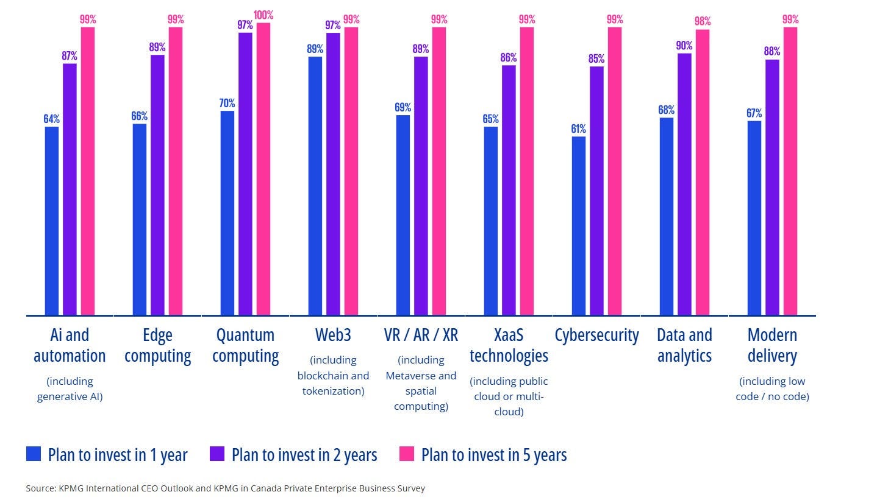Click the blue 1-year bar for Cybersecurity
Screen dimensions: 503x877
579,225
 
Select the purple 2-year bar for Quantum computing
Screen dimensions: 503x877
245,174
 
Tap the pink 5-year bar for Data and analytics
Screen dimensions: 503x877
703,172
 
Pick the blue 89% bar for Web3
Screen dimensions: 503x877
315,186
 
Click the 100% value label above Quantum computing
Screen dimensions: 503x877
263,15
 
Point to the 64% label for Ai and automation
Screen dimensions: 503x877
51,119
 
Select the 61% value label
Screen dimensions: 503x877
578,129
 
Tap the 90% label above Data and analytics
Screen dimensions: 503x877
684,46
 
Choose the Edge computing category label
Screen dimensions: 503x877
157,345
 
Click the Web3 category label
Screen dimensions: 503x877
333,335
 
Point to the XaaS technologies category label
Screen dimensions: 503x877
509,345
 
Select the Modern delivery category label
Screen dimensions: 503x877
772,345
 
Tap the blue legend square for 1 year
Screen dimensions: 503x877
34,454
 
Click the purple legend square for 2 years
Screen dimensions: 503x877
217,454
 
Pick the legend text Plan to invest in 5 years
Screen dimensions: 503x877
494,455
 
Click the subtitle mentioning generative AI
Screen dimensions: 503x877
70,389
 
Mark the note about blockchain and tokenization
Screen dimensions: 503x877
333,376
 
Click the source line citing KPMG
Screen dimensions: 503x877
225,488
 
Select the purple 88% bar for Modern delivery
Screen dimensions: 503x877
772,187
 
